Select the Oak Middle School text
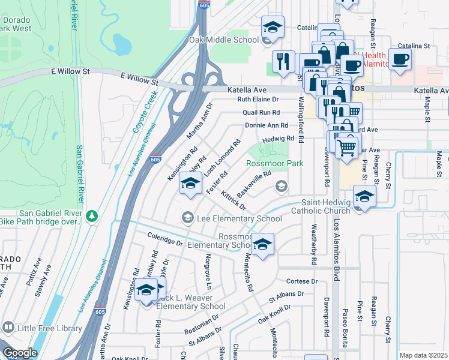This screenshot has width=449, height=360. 224,40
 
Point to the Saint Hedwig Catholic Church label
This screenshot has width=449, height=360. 325,206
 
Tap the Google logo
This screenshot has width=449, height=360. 19,353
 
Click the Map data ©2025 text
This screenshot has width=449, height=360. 423,355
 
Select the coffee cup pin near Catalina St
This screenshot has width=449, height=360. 400,60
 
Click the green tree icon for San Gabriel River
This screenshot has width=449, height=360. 91,215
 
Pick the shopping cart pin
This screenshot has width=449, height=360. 346,146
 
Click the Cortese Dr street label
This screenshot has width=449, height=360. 301,281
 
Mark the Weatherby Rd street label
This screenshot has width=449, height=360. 313,245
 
